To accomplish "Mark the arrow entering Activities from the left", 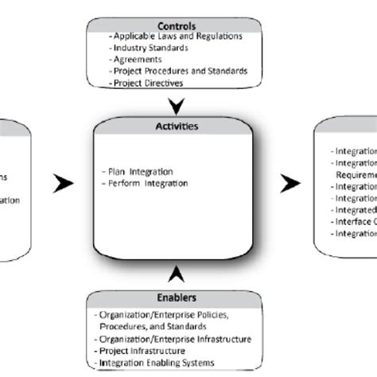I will point(63,184).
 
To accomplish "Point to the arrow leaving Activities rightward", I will point(291,184).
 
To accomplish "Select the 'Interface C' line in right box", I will point(353,222).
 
